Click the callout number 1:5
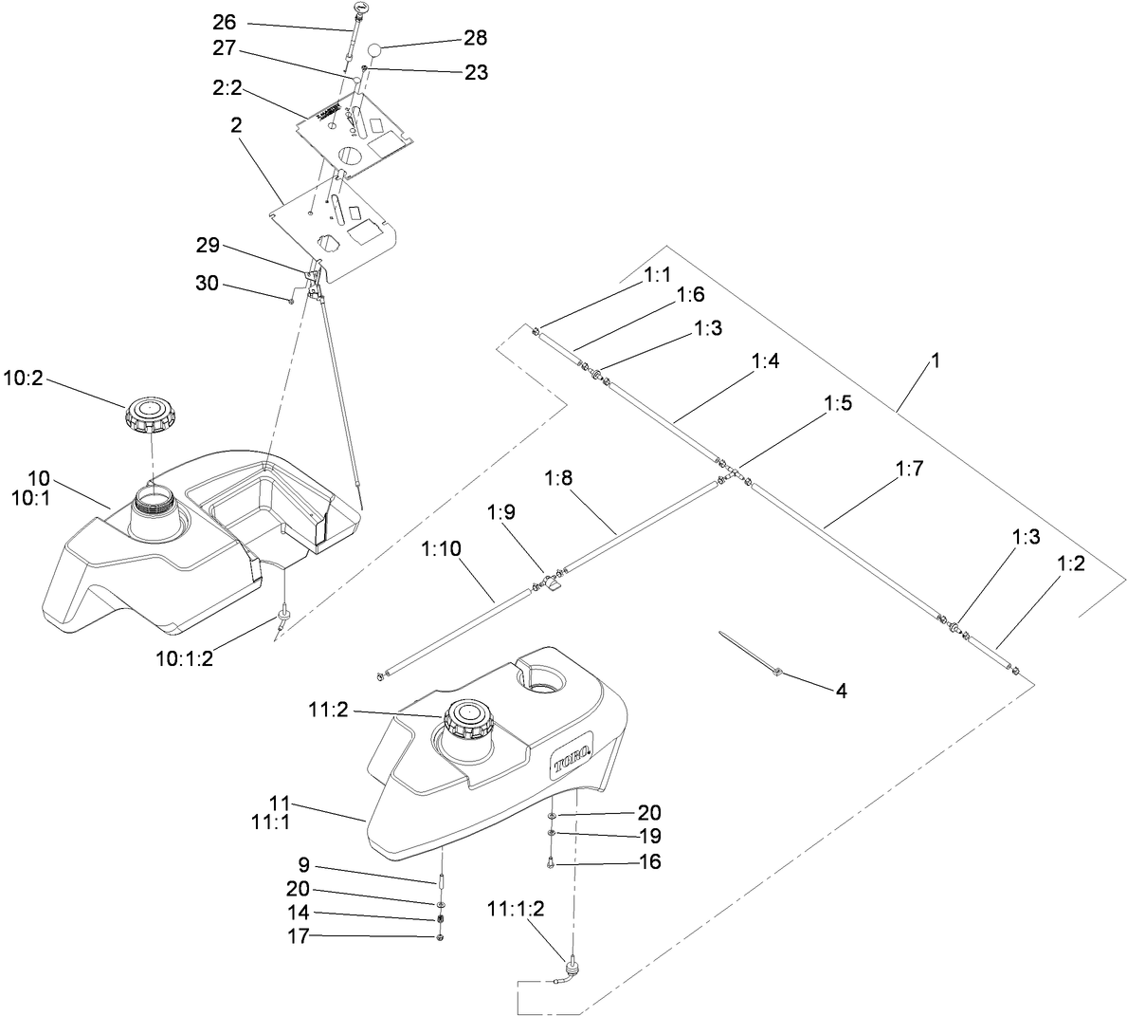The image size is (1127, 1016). [x=838, y=402]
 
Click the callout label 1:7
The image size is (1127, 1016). [x=908, y=469]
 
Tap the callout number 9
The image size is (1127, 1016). [x=303, y=866]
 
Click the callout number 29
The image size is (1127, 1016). [x=208, y=246]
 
